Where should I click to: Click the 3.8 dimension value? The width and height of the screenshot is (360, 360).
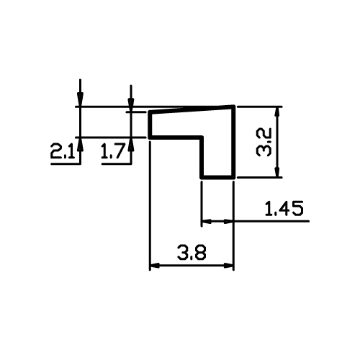point(192,252)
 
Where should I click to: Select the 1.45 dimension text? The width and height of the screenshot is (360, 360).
point(284,208)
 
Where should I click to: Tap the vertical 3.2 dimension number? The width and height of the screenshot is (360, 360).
point(264,142)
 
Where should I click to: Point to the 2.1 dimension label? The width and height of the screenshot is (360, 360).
point(62,150)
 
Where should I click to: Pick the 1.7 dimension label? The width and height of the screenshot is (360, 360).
point(112,150)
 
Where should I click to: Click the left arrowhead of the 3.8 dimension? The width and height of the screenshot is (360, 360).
point(154,266)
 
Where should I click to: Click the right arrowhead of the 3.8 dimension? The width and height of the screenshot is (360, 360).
point(228,266)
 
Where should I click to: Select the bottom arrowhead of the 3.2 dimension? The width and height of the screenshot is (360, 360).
point(277,172)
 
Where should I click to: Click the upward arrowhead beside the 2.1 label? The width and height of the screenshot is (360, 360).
point(80,143)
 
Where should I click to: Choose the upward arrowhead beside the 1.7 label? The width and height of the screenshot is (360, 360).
point(131,143)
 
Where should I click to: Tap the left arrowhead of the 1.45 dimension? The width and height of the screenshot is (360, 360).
point(207,221)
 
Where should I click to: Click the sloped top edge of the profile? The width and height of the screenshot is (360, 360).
point(192,109)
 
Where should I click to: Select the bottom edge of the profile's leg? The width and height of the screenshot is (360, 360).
point(217,177)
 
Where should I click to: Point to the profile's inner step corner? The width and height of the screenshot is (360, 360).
point(202,138)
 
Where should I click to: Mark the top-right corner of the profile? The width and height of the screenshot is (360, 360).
point(233,106)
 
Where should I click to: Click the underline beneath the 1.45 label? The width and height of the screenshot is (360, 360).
point(271,221)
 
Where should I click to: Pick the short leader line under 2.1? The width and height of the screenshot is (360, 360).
point(66,164)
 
